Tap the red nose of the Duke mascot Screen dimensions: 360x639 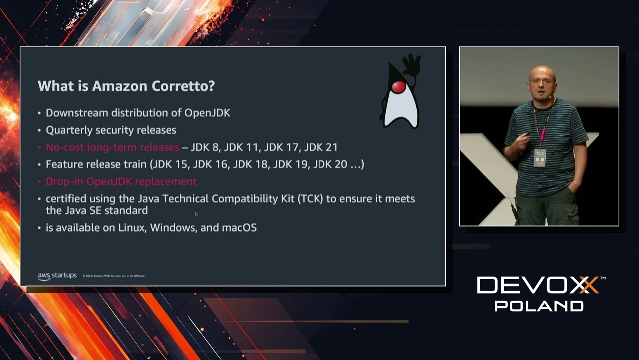398,88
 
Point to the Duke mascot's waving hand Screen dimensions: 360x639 412,64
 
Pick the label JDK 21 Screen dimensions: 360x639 321,147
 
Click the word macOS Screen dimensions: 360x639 239,228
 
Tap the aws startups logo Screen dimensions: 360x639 57,276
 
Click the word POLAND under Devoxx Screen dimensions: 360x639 539,306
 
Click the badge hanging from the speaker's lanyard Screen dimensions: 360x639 540,158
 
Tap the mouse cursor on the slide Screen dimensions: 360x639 196,214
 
